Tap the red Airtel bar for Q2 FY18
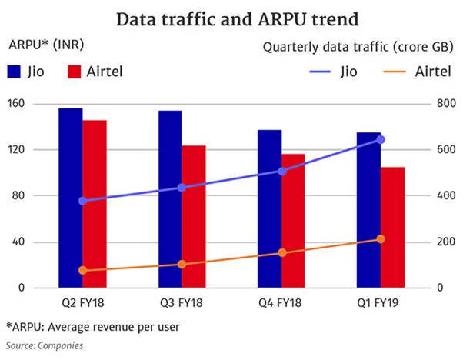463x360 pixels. pos(95,204)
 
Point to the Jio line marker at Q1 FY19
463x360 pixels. pos(380,139)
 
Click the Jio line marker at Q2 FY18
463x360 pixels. pos(82,201)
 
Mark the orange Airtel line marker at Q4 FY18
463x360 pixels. pos(281,252)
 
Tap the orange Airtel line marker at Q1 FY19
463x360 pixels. pos(380,239)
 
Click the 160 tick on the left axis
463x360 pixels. pos(17,104)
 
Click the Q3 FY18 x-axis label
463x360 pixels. pos(182,302)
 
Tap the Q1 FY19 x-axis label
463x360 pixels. pos(380,302)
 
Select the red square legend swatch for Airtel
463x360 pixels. pos(75,72)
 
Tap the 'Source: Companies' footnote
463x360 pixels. pos(44,345)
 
